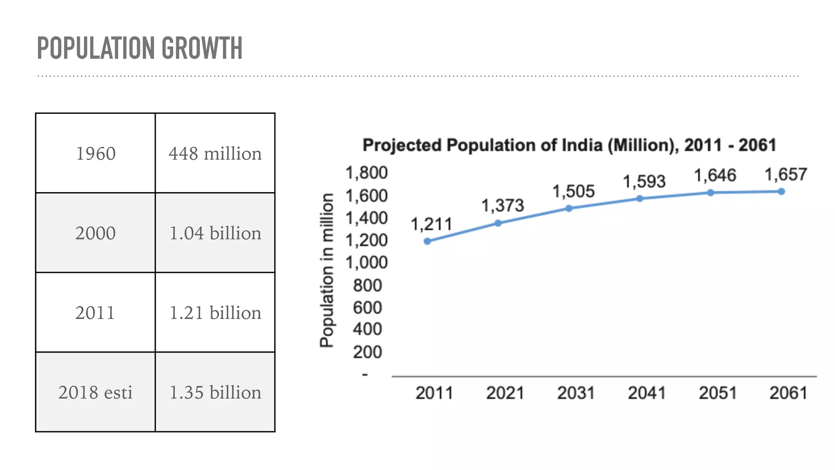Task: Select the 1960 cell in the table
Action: pyautogui.click(x=96, y=153)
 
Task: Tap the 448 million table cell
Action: pyautogui.click(x=215, y=153)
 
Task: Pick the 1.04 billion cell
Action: pyautogui.click(x=215, y=233)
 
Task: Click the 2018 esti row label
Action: pyautogui.click(x=95, y=392)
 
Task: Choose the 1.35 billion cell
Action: pyautogui.click(x=215, y=392)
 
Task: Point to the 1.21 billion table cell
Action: pyautogui.click(x=215, y=313)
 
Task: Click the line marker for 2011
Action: pyautogui.click(x=427, y=241)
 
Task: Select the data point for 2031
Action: pyautogui.click(x=569, y=208)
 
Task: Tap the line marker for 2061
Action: pyautogui.click(x=781, y=191)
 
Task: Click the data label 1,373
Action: pyautogui.click(x=502, y=205)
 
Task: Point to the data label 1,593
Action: pyautogui.click(x=644, y=181)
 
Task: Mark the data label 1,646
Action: pyautogui.click(x=715, y=175)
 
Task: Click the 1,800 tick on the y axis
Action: pyautogui.click(x=366, y=173)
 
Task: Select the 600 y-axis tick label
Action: pyautogui.click(x=367, y=307)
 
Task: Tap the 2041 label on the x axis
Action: pyautogui.click(x=647, y=393)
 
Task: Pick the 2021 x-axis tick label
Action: pyautogui.click(x=505, y=393)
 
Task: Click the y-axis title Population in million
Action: pyautogui.click(x=327, y=270)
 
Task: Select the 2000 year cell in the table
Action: pyautogui.click(x=95, y=233)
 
